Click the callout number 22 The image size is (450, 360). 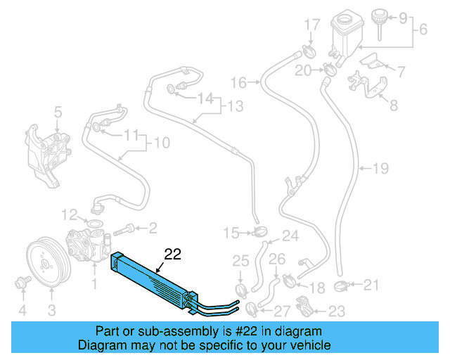click(x=172, y=255)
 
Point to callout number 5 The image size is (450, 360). click(x=58, y=110)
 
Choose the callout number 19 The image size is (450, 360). click(x=380, y=169)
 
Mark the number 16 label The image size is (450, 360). click(x=238, y=83)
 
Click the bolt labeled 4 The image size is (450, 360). click(x=21, y=283)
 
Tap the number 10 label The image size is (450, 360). click(x=161, y=143)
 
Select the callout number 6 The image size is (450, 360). click(x=423, y=31)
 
